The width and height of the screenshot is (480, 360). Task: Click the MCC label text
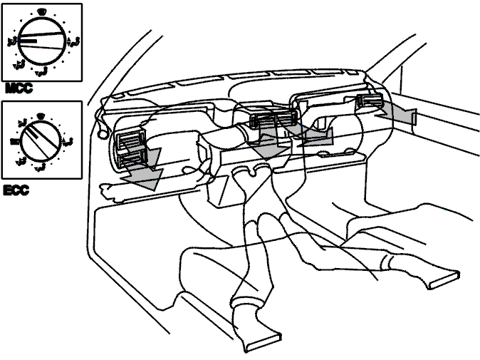[x=19, y=88]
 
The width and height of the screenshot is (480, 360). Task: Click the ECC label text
[x=16, y=190]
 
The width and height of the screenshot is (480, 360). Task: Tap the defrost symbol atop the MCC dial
[x=41, y=12]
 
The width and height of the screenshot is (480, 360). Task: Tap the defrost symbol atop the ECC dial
[x=39, y=115]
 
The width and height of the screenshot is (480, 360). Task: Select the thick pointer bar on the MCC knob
[x=28, y=41]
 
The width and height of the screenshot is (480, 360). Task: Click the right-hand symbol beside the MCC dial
[x=73, y=42]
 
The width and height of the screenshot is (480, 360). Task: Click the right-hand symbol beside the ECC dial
[x=68, y=141]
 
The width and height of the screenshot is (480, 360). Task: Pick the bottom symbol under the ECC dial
[x=40, y=167]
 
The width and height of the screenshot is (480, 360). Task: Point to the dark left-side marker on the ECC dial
[x=14, y=141]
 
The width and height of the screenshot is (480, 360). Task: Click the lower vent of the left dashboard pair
[x=132, y=158]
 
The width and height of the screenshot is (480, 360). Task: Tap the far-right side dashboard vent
[x=369, y=101]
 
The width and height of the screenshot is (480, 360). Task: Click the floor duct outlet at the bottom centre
[x=264, y=340]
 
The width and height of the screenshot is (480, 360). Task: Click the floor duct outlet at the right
[x=444, y=279]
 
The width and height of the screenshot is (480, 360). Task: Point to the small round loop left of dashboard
[x=103, y=134]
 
